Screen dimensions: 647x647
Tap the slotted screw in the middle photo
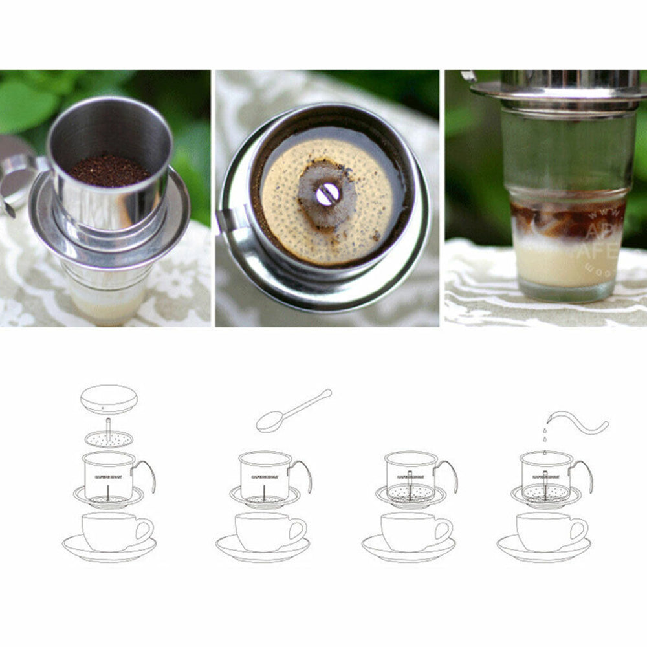point(328,193)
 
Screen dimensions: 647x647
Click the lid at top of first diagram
point(109,399)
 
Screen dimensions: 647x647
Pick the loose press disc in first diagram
point(109,439)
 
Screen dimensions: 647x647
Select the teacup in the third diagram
point(411,531)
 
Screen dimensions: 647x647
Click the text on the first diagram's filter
point(107,476)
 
